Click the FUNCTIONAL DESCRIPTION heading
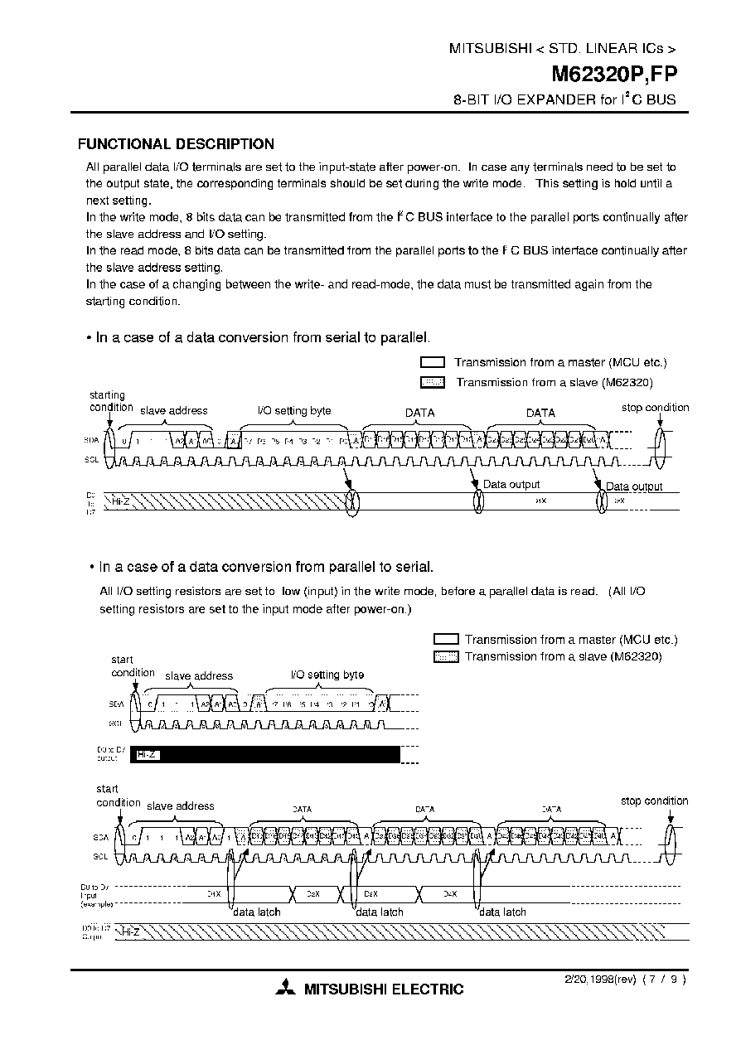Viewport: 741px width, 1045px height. click(x=176, y=144)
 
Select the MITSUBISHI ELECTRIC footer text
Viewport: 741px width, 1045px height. click(x=384, y=989)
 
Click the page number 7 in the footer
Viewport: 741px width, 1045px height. click(x=659, y=979)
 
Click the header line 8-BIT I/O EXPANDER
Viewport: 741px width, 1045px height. click(x=564, y=99)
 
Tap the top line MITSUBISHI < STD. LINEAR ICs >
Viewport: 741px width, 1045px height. click(x=562, y=49)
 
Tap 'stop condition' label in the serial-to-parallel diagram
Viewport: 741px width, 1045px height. click(x=655, y=408)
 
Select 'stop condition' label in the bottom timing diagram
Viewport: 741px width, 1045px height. click(x=654, y=801)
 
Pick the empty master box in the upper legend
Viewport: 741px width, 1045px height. click(x=433, y=363)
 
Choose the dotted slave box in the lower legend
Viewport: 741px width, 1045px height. click(x=446, y=657)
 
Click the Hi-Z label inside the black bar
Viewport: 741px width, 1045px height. click(x=146, y=755)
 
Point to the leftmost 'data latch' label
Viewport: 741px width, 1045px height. click(x=256, y=912)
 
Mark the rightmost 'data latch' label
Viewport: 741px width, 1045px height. click(x=502, y=912)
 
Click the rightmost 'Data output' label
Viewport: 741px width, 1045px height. click(x=634, y=486)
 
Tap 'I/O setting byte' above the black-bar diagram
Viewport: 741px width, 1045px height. click(x=327, y=675)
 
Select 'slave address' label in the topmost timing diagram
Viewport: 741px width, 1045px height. click(x=174, y=410)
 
